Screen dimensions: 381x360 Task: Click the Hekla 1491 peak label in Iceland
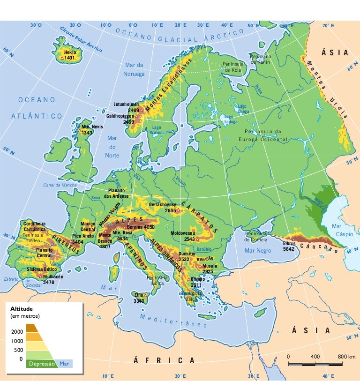click(70, 55)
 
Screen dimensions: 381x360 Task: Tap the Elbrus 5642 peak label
click(289, 246)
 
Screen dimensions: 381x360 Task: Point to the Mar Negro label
click(258, 251)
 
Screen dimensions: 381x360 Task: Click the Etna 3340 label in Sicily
click(139, 298)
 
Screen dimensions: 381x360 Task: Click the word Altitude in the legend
click(21, 309)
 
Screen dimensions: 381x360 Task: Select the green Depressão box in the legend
click(42, 364)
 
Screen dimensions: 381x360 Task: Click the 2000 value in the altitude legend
click(17, 331)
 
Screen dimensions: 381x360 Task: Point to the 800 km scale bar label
click(346, 357)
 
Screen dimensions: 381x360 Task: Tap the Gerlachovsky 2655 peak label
click(163, 208)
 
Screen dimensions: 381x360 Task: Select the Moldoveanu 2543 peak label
click(183, 236)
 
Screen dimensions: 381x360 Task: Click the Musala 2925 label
click(208, 269)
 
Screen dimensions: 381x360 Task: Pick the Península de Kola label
click(233, 67)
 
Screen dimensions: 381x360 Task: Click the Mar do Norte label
click(112, 147)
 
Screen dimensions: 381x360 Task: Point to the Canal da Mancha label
click(60, 185)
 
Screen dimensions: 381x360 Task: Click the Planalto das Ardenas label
click(116, 193)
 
